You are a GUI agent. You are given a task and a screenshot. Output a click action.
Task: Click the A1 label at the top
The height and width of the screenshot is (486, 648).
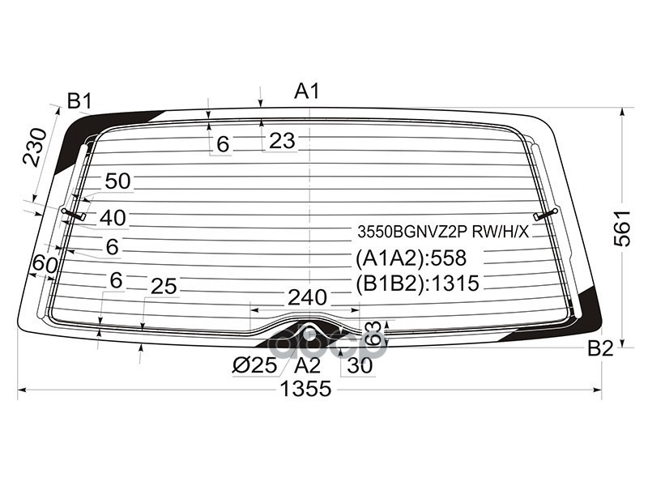[x=307, y=92]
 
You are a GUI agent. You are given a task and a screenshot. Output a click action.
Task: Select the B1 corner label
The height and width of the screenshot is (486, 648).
[x=79, y=101]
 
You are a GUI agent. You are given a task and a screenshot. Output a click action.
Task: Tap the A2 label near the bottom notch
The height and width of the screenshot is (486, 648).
[x=307, y=364]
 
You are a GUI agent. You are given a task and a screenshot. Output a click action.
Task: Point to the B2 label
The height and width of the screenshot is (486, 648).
[x=600, y=350]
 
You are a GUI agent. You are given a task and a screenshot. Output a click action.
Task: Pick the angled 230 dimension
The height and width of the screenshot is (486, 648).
[x=35, y=147]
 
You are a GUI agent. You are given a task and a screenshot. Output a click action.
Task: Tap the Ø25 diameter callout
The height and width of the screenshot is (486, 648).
[x=254, y=365]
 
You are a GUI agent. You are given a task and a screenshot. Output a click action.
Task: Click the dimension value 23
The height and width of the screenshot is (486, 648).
[x=282, y=141]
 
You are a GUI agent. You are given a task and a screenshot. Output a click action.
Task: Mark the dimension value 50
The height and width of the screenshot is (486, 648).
[x=117, y=181]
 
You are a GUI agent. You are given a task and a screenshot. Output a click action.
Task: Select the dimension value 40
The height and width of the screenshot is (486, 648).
[x=113, y=217]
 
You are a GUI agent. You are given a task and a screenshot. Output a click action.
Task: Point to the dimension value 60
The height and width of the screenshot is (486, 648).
[x=44, y=264]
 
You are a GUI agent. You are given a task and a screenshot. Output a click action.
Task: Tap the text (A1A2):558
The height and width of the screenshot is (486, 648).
[x=411, y=258]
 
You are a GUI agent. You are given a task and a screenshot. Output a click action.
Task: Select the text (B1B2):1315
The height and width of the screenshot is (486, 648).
[x=417, y=283]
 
